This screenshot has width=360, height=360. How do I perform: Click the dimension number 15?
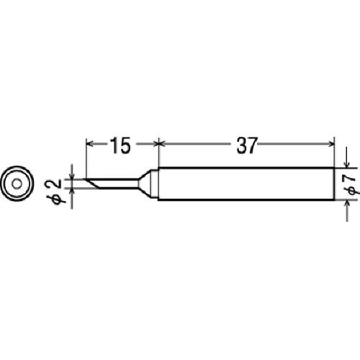pyautogui.click(x=120, y=145)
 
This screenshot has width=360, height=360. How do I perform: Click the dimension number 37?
pyautogui.click(x=247, y=145)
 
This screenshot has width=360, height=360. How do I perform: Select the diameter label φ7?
pyautogui.click(x=351, y=185)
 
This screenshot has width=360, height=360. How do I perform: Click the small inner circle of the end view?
pyautogui.click(x=17, y=184)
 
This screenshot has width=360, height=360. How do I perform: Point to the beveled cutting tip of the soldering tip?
pyautogui.click(x=92, y=183)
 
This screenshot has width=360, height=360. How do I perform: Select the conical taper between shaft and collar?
pyautogui.click(x=145, y=184)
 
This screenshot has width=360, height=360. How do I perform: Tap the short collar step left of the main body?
pyautogui.click(x=154, y=184)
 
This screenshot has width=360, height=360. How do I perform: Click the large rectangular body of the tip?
pyautogui.click(x=246, y=184)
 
